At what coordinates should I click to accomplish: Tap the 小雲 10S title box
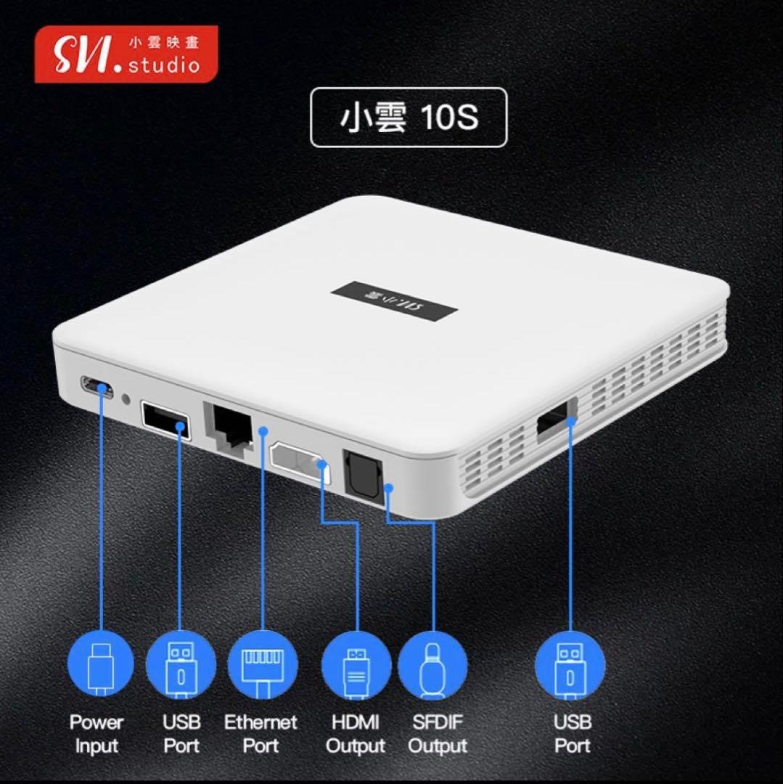pyautogui.click(x=409, y=118)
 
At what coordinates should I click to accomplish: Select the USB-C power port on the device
pyautogui.click(x=97, y=387)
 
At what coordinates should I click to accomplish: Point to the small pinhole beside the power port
pyautogui.click(x=128, y=399)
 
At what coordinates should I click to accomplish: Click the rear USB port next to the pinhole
pyautogui.click(x=166, y=420)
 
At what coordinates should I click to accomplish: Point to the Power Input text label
pyautogui.click(x=97, y=734)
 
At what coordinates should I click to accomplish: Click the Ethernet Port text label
pyautogui.click(x=261, y=734)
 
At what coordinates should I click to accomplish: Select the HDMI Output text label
pyautogui.click(x=356, y=734)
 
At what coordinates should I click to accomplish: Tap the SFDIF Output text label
pyautogui.click(x=436, y=734)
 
